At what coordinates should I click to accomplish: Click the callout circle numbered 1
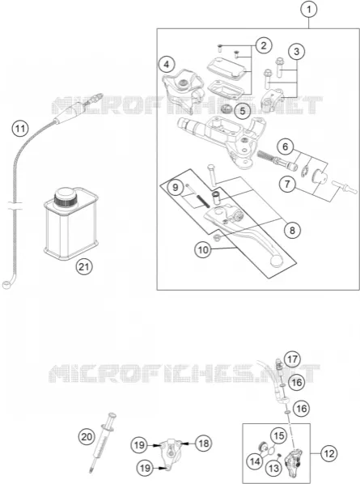coord(309,10)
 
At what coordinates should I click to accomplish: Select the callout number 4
coord(167,65)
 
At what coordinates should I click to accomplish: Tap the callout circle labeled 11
coord(20,128)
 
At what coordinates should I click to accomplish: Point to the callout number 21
coord(84,266)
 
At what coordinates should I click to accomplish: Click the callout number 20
coord(87,437)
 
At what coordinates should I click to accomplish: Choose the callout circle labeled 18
coord(204,444)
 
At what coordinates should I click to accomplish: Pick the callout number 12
coord(329,453)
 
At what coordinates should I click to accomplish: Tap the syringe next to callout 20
coord(103,441)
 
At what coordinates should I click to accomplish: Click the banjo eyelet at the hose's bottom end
coord(6,285)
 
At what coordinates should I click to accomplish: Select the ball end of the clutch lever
coord(276,261)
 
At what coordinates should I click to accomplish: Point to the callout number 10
coord(203,249)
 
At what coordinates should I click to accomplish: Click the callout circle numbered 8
coord(292,230)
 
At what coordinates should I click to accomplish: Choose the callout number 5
coord(243,111)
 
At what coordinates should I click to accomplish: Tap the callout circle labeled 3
coord(296,52)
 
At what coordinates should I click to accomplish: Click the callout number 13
coord(274,469)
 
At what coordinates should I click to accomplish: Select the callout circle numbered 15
coord(279,435)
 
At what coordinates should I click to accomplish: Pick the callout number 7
coord(287,185)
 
